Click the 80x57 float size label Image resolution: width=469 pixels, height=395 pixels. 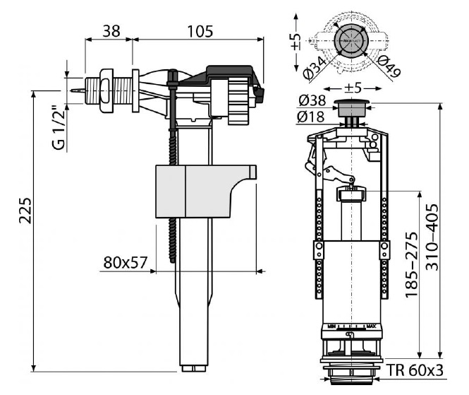[x=125, y=262]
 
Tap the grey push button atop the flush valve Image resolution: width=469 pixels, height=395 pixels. [x=350, y=108]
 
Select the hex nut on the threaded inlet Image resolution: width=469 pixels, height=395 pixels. [x=107, y=90]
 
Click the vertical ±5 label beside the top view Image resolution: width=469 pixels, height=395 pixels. [x=296, y=41]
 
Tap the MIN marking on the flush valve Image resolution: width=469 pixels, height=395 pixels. [x=331, y=326]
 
